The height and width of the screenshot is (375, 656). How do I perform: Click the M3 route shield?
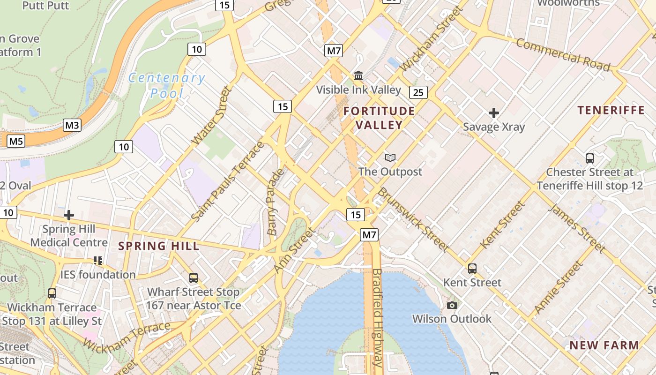click(x=72, y=125)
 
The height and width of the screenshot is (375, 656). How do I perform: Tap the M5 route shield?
click(x=16, y=141)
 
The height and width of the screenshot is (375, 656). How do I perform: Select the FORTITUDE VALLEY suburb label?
click(x=379, y=118)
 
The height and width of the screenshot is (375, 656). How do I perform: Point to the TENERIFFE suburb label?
click(x=611, y=110)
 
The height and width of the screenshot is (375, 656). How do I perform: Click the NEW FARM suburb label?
click(x=604, y=345)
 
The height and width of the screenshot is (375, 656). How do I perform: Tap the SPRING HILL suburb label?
click(x=158, y=246)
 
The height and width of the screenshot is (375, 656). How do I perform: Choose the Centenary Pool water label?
click(x=167, y=85)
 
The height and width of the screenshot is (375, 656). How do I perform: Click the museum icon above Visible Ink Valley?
click(x=359, y=75)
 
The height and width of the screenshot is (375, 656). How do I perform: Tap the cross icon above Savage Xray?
click(x=494, y=113)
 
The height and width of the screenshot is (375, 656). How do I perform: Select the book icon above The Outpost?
click(x=390, y=158)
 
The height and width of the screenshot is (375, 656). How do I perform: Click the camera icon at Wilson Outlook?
click(x=452, y=305)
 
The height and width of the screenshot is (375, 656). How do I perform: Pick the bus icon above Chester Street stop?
click(x=590, y=158)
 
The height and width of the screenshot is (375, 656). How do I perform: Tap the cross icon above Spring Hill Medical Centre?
click(x=69, y=215)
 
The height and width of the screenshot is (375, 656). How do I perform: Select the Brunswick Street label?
click(x=413, y=219)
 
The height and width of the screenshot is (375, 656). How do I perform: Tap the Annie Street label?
click(x=559, y=287)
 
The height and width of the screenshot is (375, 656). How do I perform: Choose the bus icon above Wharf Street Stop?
click(x=194, y=277)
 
